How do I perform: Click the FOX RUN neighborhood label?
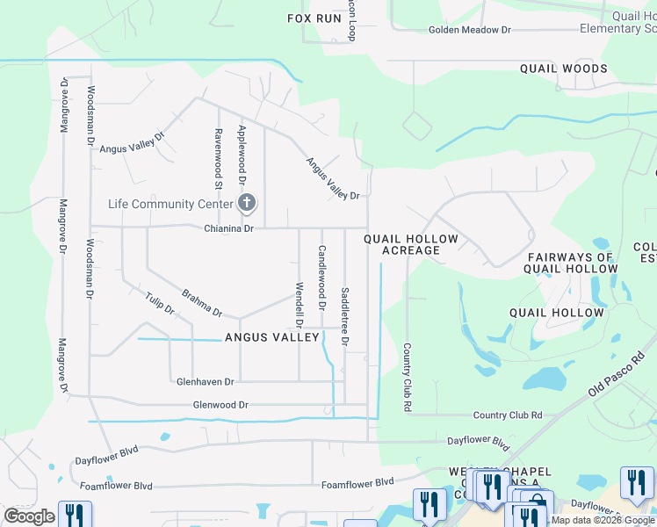[314, 18]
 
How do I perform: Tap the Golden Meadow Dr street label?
[469, 30]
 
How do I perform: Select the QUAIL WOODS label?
[563, 69]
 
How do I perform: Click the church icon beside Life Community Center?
[248, 204]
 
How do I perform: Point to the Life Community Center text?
[170, 204]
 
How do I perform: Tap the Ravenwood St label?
[218, 159]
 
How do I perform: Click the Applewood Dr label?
[242, 155]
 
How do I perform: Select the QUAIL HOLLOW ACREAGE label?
[411, 244]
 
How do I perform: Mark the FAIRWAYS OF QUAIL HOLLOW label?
[570, 263]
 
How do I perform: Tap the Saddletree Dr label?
[344, 315]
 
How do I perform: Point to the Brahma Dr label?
[202, 303]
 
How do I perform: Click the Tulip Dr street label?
[160, 304]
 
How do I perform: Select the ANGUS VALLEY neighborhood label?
[272, 337]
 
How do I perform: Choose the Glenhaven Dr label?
[205, 382]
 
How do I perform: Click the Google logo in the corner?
[29, 516]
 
